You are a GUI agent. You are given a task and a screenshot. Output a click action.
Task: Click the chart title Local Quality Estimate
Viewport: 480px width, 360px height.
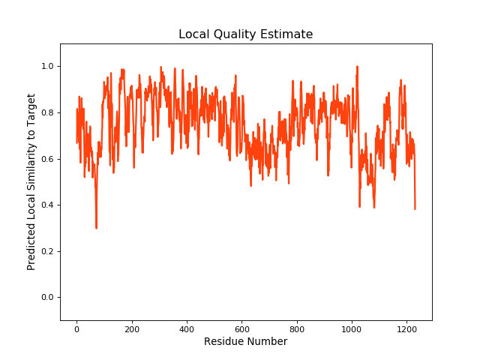245,34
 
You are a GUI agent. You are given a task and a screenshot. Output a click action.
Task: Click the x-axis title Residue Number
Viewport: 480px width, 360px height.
245,342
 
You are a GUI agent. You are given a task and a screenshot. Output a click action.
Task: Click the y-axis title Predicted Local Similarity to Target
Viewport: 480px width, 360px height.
31,182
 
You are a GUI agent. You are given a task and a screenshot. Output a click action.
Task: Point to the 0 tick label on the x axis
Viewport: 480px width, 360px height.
76,328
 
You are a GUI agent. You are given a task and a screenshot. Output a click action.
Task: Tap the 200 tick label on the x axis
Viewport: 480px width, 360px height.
131,328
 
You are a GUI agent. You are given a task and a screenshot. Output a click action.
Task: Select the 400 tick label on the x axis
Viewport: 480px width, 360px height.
187,328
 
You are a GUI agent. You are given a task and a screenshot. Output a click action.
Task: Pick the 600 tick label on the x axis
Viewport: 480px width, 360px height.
241,328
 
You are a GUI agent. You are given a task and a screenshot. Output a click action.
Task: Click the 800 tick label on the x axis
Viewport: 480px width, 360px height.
297,328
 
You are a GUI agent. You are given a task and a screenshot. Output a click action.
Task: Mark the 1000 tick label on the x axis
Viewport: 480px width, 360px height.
352,328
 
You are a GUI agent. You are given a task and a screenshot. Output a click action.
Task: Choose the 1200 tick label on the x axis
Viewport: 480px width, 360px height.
406,328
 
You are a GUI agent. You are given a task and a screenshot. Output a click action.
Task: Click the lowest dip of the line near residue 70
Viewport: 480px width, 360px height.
96,228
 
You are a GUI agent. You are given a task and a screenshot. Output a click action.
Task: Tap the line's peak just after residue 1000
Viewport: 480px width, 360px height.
357,67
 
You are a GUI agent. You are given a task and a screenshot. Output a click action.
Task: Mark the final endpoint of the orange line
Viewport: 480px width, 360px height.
415,208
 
